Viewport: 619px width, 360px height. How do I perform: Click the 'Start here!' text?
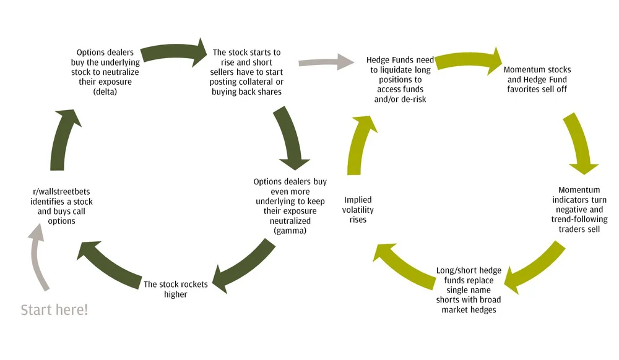tap(54, 310)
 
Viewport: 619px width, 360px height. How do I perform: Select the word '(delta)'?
tap(105, 92)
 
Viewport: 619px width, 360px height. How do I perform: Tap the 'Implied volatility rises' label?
tap(358, 210)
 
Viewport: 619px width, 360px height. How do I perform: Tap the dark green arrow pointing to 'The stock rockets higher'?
tap(245, 263)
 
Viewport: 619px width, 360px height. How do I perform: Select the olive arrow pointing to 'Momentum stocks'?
tap(470, 59)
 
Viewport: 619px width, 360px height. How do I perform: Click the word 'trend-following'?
tap(579, 220)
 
